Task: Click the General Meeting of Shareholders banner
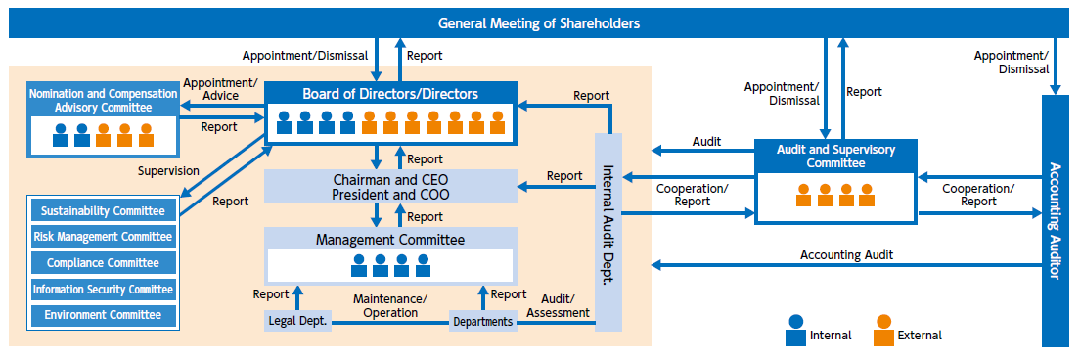coord(539,22)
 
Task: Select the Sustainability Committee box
coord(104,210)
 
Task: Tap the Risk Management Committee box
coord(104,237)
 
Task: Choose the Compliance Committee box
coord(104,263)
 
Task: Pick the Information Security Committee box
coord(104,290)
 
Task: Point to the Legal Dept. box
coord(297,321)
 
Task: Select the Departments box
coord(483,321)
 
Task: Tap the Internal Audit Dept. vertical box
coord(607,232)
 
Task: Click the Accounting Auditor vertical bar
coord(1057,220)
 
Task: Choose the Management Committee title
coord(390,239)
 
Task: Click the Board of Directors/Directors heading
coord(390,95)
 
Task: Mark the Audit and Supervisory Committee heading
coord(835,157)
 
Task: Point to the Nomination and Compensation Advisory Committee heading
coord(104,100)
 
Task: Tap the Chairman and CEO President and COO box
coord(390,186)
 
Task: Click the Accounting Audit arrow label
coord(846,254)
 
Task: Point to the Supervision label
coord(169,170)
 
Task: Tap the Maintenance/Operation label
coord(390,305)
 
